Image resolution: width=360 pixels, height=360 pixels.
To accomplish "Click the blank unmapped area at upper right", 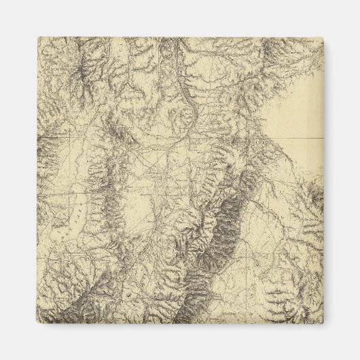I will click(295, 109).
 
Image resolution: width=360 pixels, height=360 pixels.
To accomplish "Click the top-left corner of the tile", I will click(37, 37).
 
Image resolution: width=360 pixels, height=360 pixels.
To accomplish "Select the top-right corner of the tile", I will click(323, 37).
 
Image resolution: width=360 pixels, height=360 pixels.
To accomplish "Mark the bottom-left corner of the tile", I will click(37, 323).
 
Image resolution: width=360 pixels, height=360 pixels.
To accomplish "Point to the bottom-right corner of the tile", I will click(323, 323).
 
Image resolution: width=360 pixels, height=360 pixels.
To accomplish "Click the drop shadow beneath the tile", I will click(180, 327).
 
